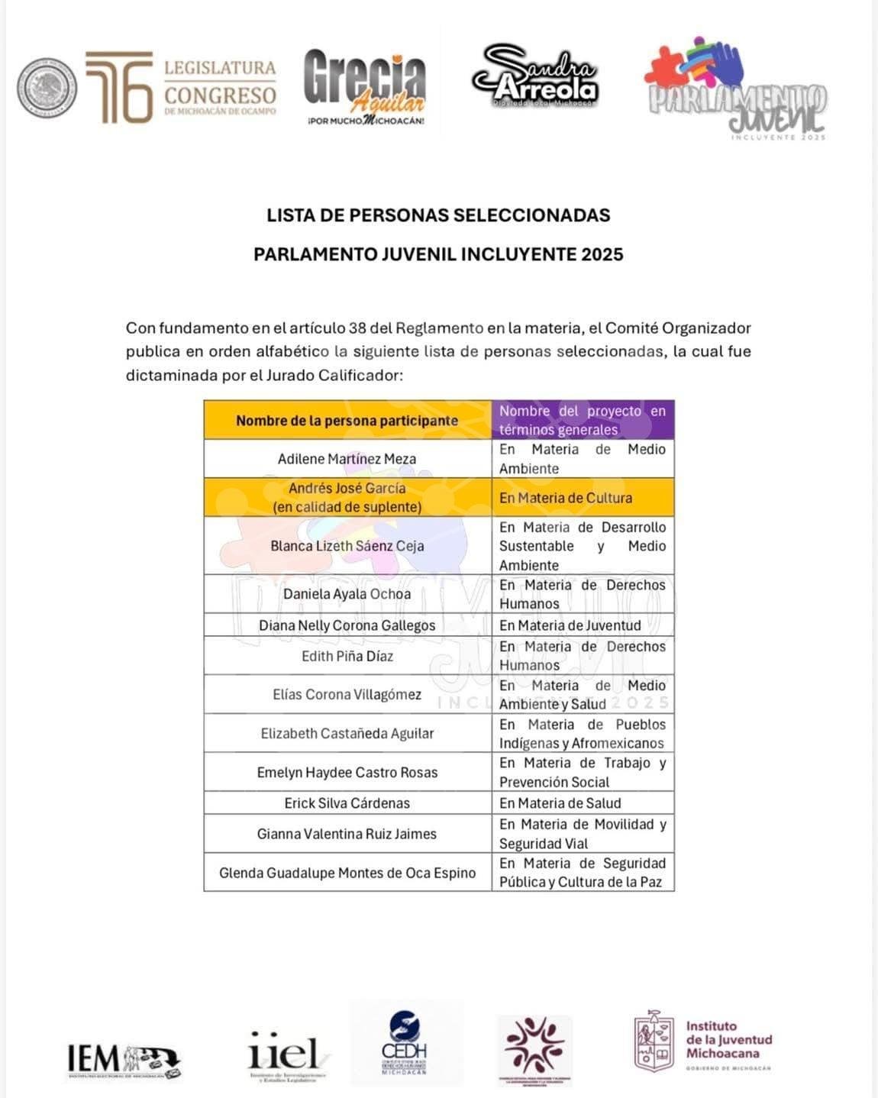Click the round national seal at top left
point(47,88)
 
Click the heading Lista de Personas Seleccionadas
point(438,215)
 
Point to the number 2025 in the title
point(602,254)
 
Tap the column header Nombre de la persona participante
point(347,421)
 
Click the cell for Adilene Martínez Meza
point(347,459)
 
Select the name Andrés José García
point(347,488)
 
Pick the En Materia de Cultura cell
point(566,498)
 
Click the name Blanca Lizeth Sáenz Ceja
point(347,546)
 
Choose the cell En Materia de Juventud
point(570,625)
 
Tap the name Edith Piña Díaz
point(347,656)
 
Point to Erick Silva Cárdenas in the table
point(347,803)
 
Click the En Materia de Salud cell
point(560,803)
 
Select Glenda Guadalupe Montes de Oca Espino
point(347,873)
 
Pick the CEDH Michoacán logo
point(405,1043)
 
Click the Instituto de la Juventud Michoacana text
point(728,1040)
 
